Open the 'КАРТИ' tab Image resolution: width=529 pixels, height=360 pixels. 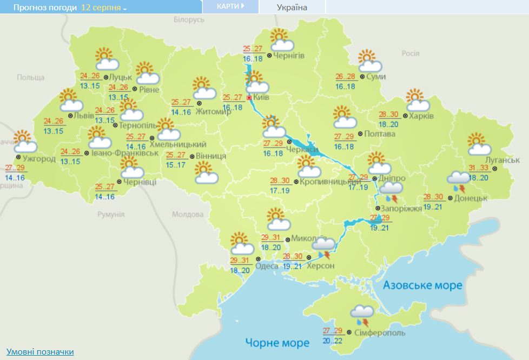230,6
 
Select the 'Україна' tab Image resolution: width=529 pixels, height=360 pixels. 292,8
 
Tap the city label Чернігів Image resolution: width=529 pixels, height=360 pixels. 289,56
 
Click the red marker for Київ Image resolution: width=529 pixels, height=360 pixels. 249,98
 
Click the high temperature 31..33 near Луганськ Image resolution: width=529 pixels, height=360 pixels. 478,168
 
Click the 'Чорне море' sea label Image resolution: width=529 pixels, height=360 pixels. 277,342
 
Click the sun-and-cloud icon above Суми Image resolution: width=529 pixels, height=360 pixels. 370,61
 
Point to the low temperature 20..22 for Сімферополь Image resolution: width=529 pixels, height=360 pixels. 333,341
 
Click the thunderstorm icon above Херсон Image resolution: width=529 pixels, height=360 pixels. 323,248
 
